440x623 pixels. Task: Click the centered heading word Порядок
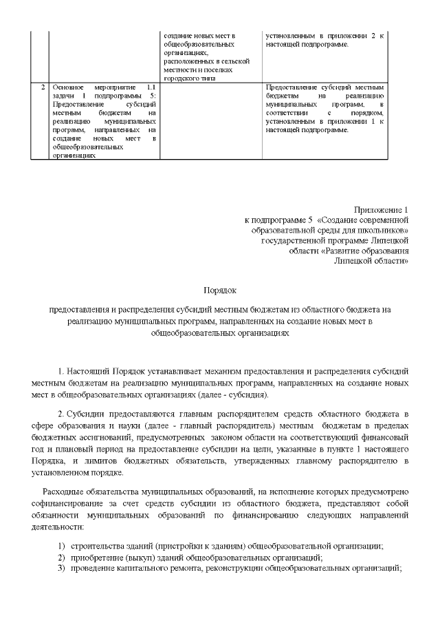(220, 291)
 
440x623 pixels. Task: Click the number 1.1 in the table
(151, 87)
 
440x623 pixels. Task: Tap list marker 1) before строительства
(61, 546)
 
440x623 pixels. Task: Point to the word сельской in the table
(232, 61)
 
